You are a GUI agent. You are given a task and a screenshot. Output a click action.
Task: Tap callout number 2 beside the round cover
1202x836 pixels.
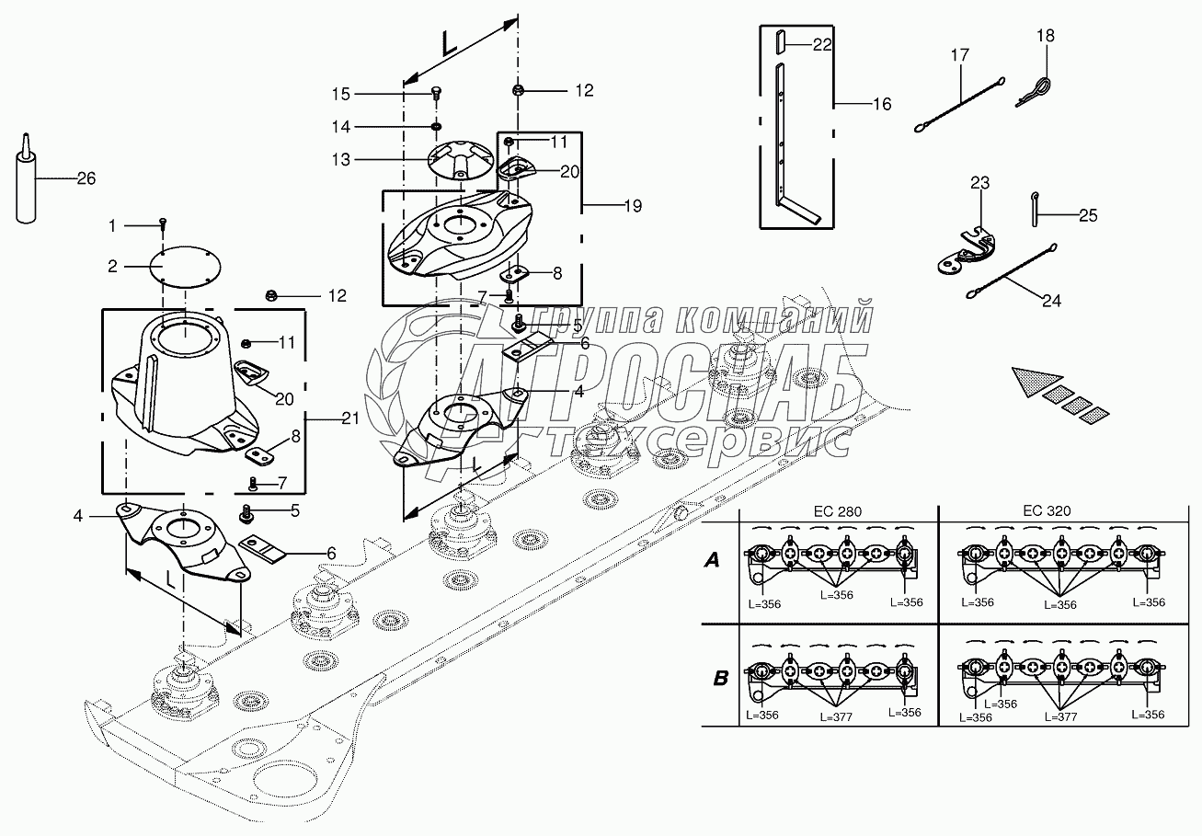tap(112, 266)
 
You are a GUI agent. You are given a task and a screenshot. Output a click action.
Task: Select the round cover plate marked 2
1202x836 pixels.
tap(185, 266)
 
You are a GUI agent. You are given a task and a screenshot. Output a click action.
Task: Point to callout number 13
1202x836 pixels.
tap(341, 159)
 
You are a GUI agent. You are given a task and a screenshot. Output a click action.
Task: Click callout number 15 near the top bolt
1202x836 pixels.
tap(341, 94)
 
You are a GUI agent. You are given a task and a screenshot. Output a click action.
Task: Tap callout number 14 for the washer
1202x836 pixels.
tap(341, 127)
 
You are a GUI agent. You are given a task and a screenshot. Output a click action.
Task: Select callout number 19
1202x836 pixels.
tap(634, 205)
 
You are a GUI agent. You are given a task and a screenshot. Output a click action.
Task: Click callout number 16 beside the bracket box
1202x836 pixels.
tap(882, 104)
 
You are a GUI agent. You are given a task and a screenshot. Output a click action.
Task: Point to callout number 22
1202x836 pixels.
tap(822, 44)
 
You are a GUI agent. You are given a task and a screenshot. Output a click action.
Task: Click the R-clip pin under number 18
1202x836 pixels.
tap(1034, 91)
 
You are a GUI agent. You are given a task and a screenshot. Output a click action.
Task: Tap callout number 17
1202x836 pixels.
tap(960, 55)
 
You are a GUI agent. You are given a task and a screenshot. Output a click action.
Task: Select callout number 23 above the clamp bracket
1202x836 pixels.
tap(979, 183)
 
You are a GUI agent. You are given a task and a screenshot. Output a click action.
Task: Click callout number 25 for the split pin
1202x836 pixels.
tap(1088, 215)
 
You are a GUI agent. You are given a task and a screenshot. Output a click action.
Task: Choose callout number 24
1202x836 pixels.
tap(1052, 301)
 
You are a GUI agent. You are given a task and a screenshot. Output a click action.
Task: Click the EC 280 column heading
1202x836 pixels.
tap(838, 511)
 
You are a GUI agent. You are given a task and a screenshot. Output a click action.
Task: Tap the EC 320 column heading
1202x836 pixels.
tap(1047, 510)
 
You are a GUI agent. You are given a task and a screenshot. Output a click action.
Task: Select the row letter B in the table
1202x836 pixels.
tap(721, 678)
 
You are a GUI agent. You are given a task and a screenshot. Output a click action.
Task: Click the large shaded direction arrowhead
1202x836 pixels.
tap(1035, 381)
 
